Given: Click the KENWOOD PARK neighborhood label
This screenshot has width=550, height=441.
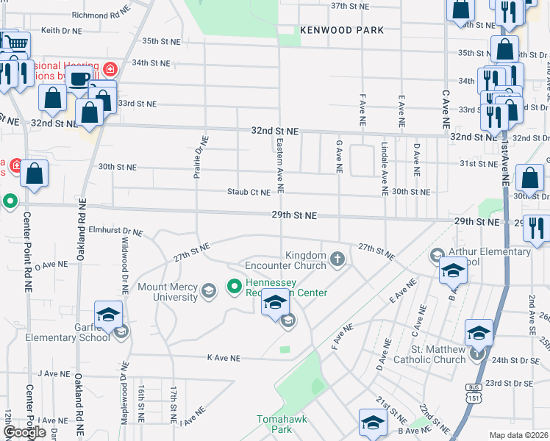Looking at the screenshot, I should pyautogui.click(x=342, y=30).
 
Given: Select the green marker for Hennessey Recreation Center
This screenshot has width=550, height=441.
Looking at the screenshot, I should pyautogui.click(x=235, y=285).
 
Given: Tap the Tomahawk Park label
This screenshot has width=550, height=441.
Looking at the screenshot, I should pyautogui.click(x=275, y=423).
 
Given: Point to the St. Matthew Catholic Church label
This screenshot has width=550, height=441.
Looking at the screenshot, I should pyautogui.click(x=438, y=354).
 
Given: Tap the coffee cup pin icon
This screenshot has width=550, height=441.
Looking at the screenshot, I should pyautogui.click(x=79, y=79).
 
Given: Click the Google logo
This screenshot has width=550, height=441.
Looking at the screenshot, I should pyautogui.click(x=24, y=432).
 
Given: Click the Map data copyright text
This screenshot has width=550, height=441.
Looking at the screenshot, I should pyautogui.click(x=519, y=435).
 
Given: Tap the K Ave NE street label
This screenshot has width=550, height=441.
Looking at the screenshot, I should pyautogui.click(x=224, y=358).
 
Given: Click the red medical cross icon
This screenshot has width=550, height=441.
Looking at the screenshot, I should pyautogui.click(x=110, y=70).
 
